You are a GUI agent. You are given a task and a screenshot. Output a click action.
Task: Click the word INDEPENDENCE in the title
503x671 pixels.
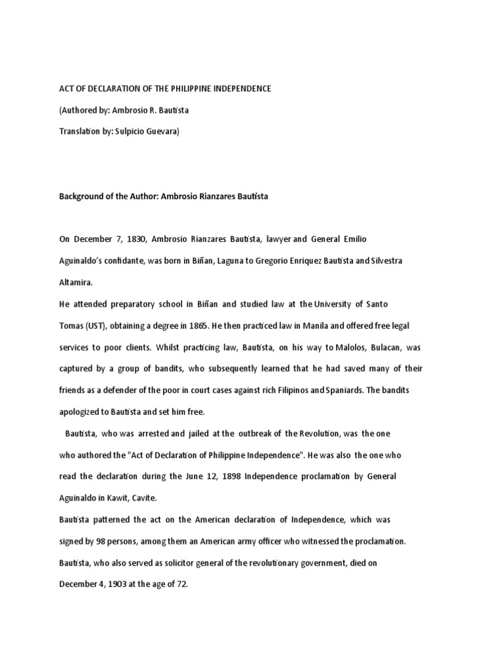tap(238, 88)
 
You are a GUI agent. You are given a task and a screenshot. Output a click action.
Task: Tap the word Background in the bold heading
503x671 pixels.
tap(81, 196)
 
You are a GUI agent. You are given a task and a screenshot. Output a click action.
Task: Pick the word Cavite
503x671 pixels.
tap(144, 498)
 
